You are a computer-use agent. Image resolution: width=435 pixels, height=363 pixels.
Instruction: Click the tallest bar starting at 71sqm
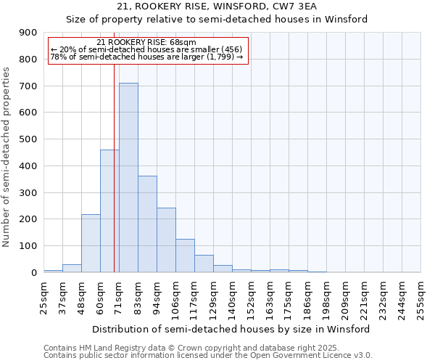coord(128,178)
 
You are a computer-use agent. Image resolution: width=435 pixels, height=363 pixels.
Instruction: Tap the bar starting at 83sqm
coord(147,224)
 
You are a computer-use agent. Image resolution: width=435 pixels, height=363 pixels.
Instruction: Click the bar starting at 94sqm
coord(166,240)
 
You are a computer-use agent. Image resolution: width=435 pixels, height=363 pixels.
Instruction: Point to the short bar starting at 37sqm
coord(72,268)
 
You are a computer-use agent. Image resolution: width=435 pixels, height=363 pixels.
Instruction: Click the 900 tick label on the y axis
coord(28,33)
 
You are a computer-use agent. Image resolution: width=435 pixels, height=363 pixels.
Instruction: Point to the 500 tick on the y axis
coord(28,139)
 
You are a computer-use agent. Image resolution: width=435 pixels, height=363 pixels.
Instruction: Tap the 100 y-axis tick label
coord(28,246)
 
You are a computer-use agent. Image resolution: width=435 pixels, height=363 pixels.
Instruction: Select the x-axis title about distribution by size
coord(232,329)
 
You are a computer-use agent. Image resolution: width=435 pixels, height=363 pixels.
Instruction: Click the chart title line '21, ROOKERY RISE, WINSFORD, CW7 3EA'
coord(217,7)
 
